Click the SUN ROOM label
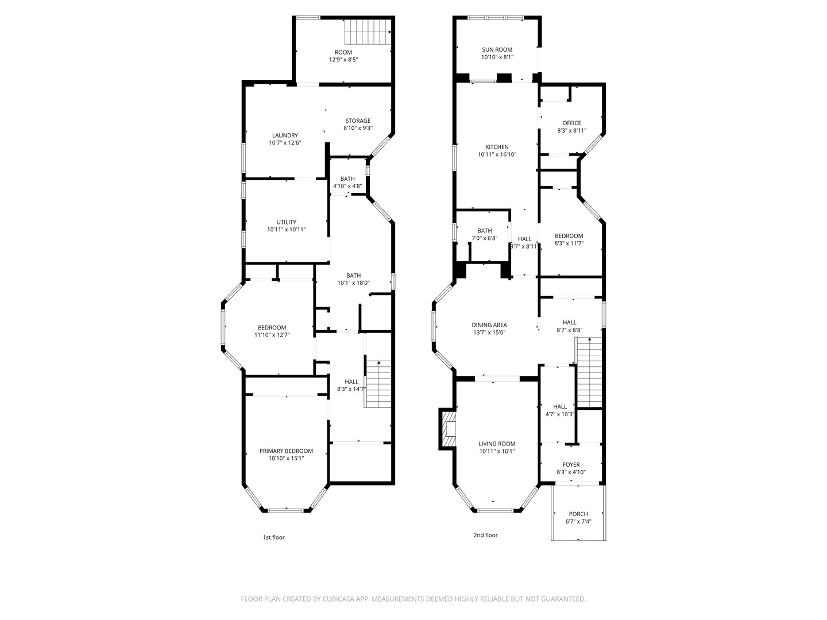pyautogui.click(x=497, y=50)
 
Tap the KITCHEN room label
pyautogui.click(x=497, y=147)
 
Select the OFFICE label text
pyautogui.click(x=571, y=123)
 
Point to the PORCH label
pyautogui.click(x=578, y=514)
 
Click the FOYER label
pyautogui.click(x=571, y=464)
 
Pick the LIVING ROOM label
pyautogui.click(x=497, y=444)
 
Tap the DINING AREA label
pyautogui.click(x=489, y=325)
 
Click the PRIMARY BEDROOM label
pyautogui.click(x=286, y=451)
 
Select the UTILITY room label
pyautogui.click(x=287, y=222)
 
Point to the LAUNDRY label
pyautogui.click(x=285, y=135)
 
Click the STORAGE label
pyautogui.click(x=358, y=121)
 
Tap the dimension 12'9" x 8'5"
pyautogui.click(x=343, y=60)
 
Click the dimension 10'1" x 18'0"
pyautogui.click(x=353, y=282)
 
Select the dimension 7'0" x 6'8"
pyautogui.click(x=485, y=238)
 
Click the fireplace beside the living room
pyautogui.click(x=447, y=429)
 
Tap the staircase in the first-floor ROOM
pyautogui.click(x=368, y=32)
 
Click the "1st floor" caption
pyautogui.click(x=273, y=537)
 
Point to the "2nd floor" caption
pyautogui.click(x=485, y=535)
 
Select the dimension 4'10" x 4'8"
pyautogui.click(x=347, y=186)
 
